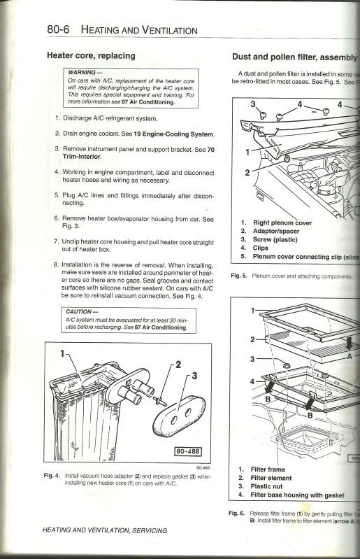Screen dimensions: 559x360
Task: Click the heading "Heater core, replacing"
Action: [x=91, y=55]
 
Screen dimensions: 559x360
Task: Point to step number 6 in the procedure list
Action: [x=56, y=218]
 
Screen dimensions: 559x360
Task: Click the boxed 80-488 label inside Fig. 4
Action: [x=187, y=451]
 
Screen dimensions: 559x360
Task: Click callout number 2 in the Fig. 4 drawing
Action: [x=178, y=365]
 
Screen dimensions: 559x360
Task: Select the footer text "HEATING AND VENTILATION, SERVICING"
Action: [x=106, y=530]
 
